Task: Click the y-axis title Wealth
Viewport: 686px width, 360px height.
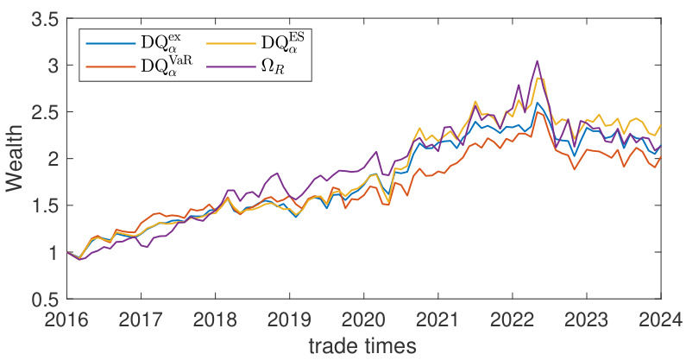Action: click(17, 159)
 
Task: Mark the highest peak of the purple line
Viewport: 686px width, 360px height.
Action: click(537, 61)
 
